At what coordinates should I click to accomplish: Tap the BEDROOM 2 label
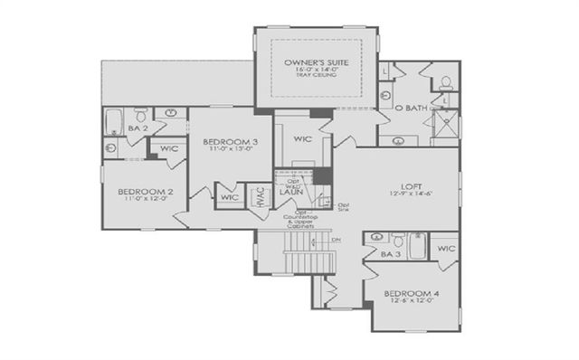pos(145,192)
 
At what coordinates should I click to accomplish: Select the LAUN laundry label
pos(289,192)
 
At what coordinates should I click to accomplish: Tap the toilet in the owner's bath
pos(447,82)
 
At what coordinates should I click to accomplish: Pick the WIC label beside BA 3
pos(446,248)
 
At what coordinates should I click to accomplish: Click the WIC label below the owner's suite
pos(302,139)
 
